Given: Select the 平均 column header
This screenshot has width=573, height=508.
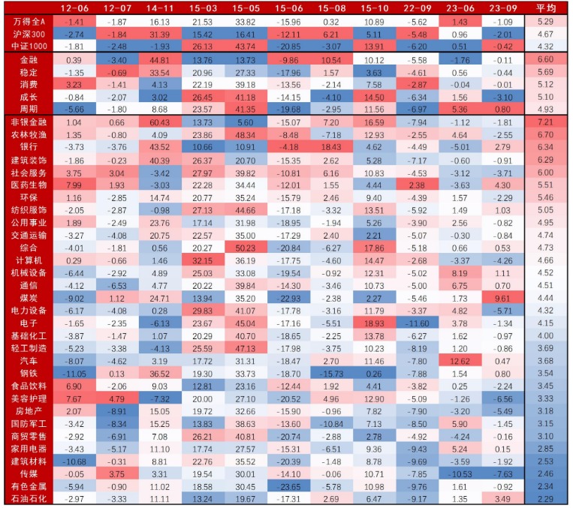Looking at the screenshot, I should point(545,8).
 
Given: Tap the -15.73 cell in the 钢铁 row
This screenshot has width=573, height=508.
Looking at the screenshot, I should point(331,374).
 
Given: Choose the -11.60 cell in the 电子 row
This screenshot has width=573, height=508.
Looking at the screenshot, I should point(415,323).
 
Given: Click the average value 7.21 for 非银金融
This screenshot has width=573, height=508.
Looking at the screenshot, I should point(545,122).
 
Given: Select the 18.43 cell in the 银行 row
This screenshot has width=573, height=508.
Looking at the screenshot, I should point(331,147).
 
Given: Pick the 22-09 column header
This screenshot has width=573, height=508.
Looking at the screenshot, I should point(415,8).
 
